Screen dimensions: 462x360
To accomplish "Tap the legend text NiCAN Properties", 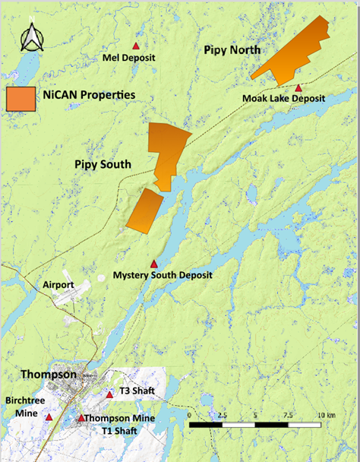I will click(x=89, y=94).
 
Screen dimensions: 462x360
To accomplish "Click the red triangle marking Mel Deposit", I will click(x=137, y=46).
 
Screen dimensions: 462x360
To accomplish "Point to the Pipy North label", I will click(x=232, y=50).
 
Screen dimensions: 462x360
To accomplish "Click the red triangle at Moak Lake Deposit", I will click(x=299, y=88).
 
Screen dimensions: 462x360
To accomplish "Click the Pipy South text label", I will click(x=103, y=164).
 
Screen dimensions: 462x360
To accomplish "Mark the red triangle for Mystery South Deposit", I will click(x=154, y=263).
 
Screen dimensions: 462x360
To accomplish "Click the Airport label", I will click(x=58, y=284).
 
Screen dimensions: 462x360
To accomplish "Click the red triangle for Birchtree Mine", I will click(x=49, y=416).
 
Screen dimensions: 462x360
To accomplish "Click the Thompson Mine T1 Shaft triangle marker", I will click(x=81, y=417).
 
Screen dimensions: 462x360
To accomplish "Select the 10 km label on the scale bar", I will click(x=327, y=416).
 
